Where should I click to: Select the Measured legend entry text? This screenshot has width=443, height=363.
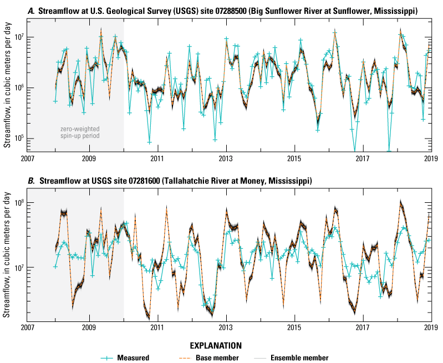pyautogui.click(x=135, y=357)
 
